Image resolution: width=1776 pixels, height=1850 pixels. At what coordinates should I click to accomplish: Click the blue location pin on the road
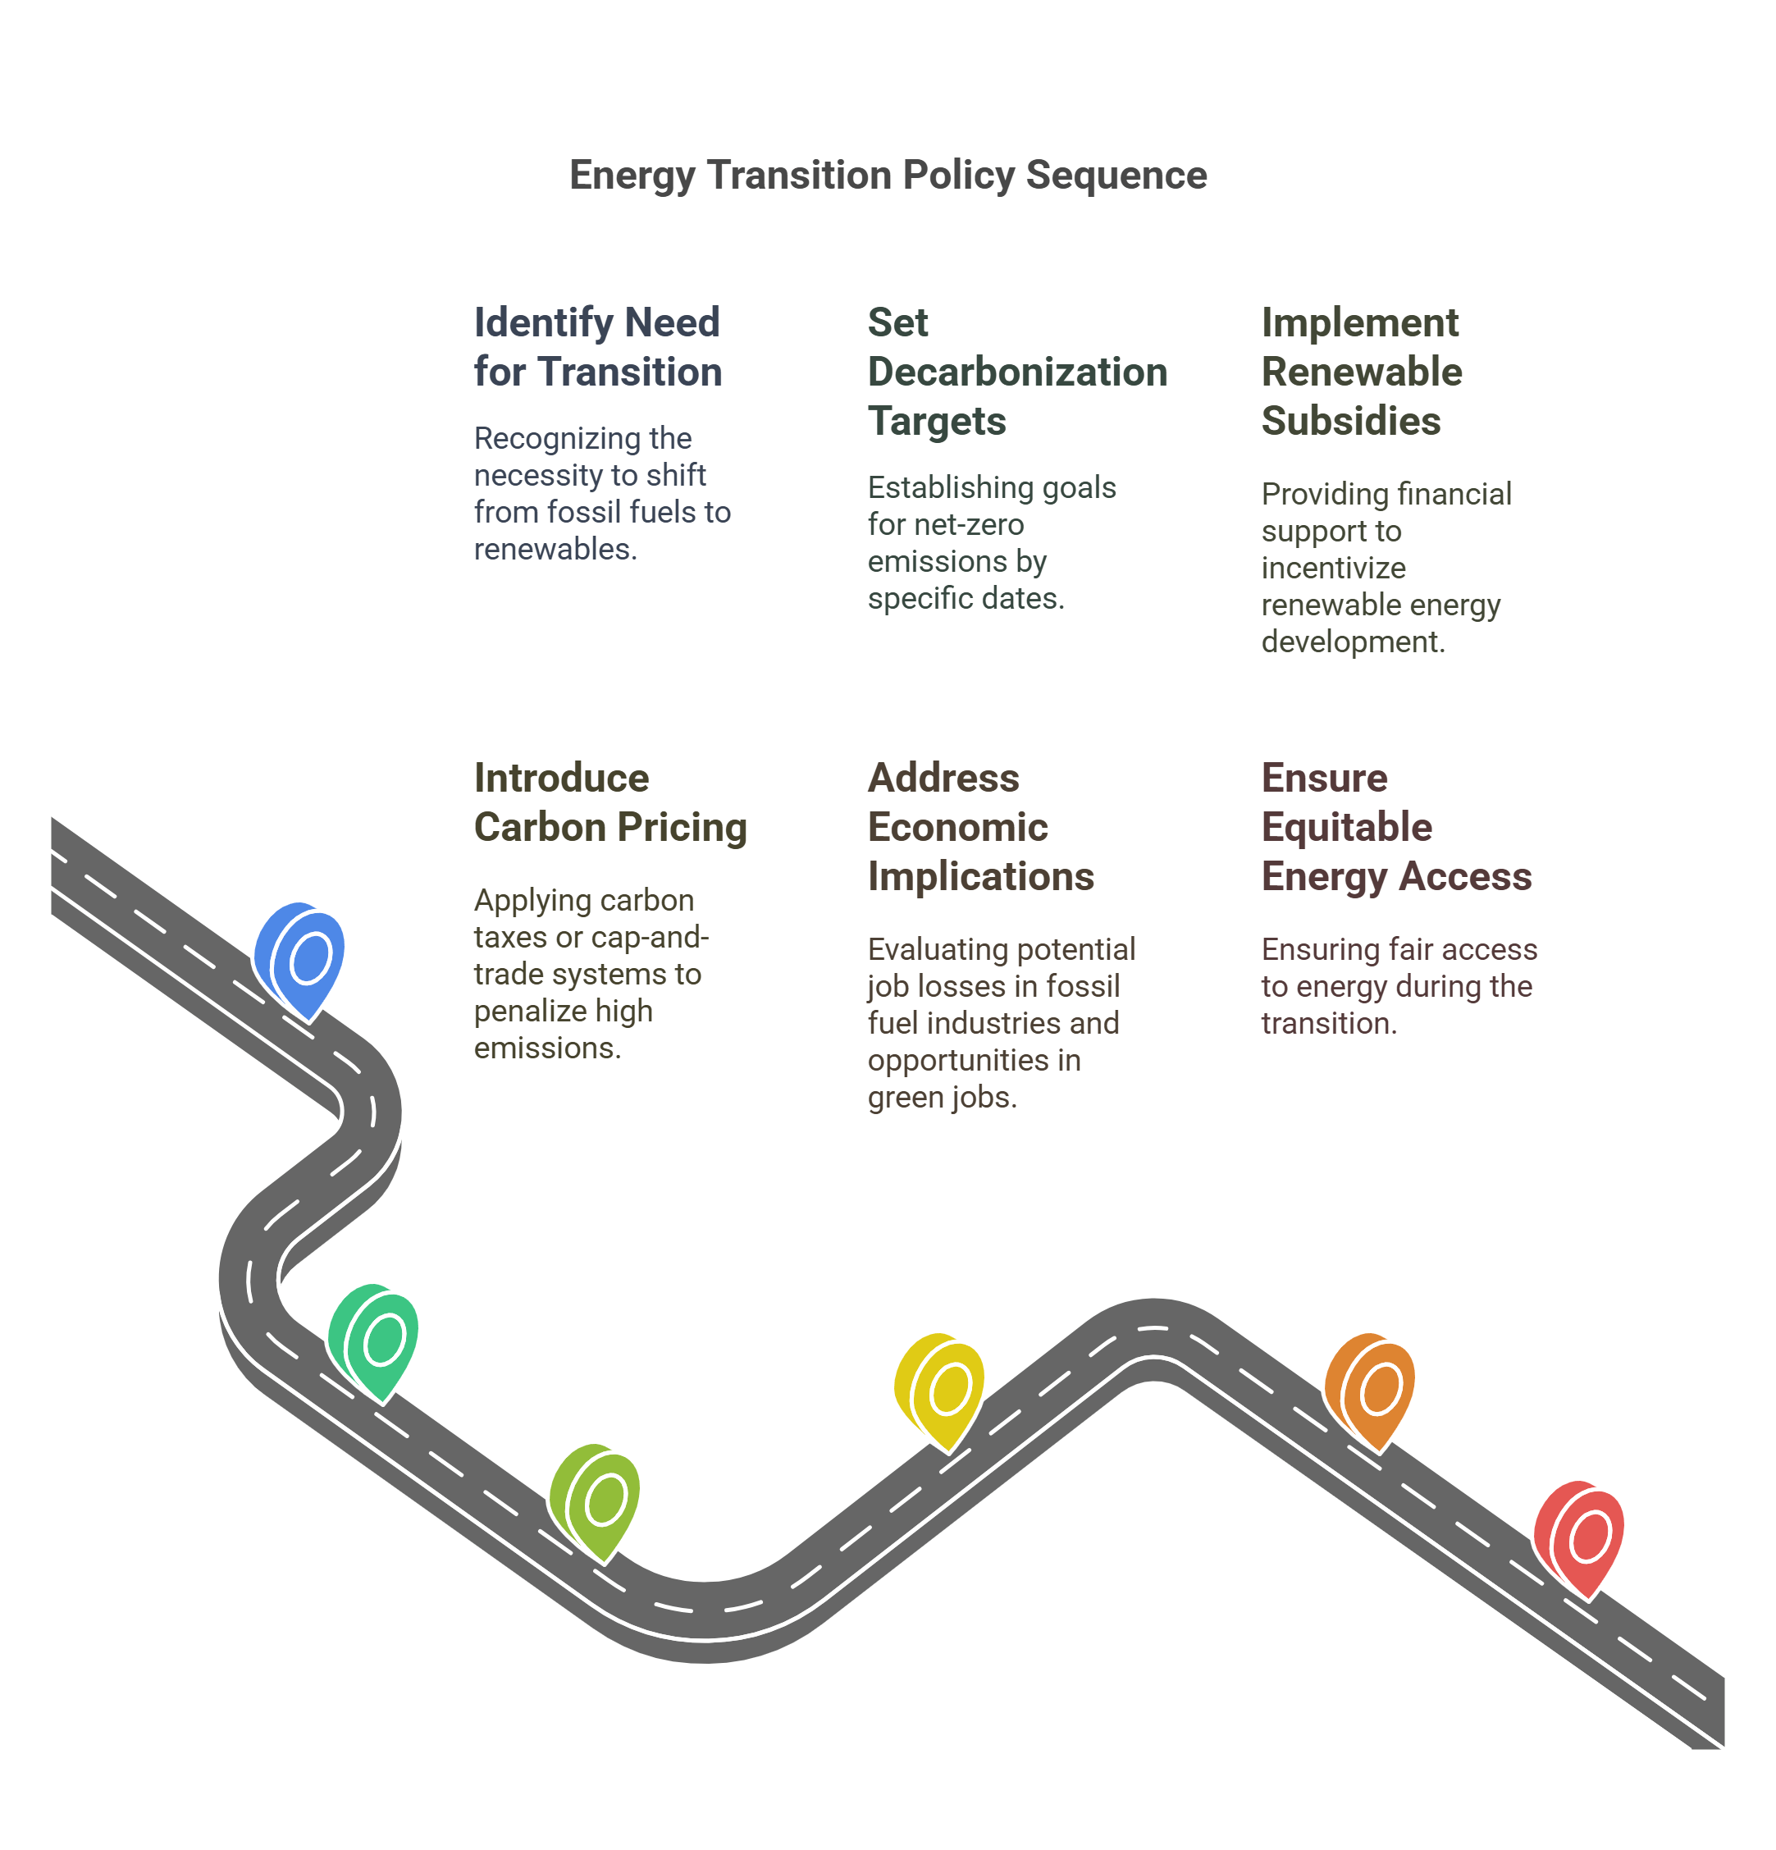pos(300,958)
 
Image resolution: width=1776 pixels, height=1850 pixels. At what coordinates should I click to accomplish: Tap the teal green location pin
pos(374,1338)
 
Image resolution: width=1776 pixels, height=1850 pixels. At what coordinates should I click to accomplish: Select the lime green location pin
pos(596,1499)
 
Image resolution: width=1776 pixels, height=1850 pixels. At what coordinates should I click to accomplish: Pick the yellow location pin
pos(940,1388)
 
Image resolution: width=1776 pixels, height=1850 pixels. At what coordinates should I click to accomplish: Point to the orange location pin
pos(1370,1388)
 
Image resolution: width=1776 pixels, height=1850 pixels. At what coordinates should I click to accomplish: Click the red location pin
pos(1580,1536)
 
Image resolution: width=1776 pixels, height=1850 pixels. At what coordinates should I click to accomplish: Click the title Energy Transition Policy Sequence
pos(888,176)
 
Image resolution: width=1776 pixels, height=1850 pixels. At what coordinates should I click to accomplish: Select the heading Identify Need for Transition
pos(597,346)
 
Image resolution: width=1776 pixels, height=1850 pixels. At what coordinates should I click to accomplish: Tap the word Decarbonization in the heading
pos(1017,372)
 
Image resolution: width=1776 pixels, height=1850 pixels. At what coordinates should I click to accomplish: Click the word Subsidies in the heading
pos(1350,421)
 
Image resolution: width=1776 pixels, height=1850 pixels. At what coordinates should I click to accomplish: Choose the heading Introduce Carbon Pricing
pos(610,802)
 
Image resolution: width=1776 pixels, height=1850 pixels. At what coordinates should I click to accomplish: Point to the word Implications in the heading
pos(980,876)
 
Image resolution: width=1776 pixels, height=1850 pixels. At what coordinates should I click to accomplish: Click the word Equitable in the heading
pos(1347,827)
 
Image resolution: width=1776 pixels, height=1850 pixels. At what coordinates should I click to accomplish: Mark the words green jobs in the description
pos(942,1097)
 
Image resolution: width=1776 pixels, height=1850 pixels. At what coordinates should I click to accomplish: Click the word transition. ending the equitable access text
pos(1329,1023)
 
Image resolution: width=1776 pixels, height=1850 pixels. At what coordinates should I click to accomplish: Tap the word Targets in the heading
pos(937,421)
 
